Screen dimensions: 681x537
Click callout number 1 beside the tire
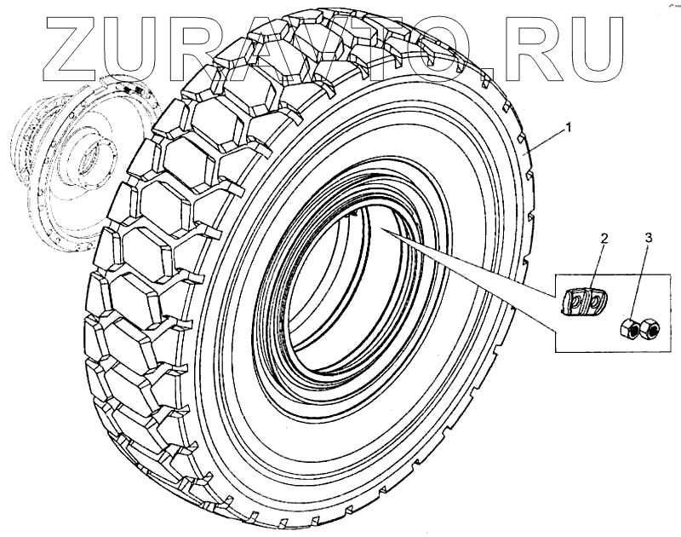tap(569, 128)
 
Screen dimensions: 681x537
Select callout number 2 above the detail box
tap(604, 239)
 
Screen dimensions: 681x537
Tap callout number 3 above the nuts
tap(649, 238)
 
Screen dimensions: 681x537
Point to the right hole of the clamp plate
tap(592, 299)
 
